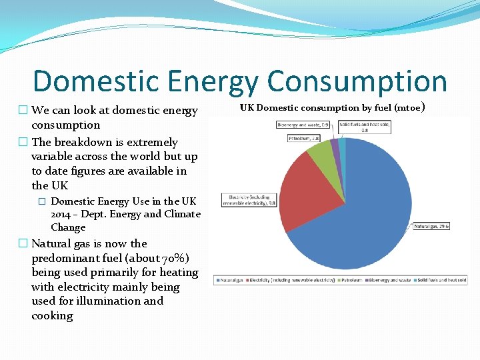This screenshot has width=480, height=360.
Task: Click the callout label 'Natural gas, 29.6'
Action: tap(432, 226)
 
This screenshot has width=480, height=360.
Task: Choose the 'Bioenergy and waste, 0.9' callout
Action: tap(303, 125)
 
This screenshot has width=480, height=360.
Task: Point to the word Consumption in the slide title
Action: tap(357, 81)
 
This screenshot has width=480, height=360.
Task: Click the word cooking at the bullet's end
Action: tap(52, 315)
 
